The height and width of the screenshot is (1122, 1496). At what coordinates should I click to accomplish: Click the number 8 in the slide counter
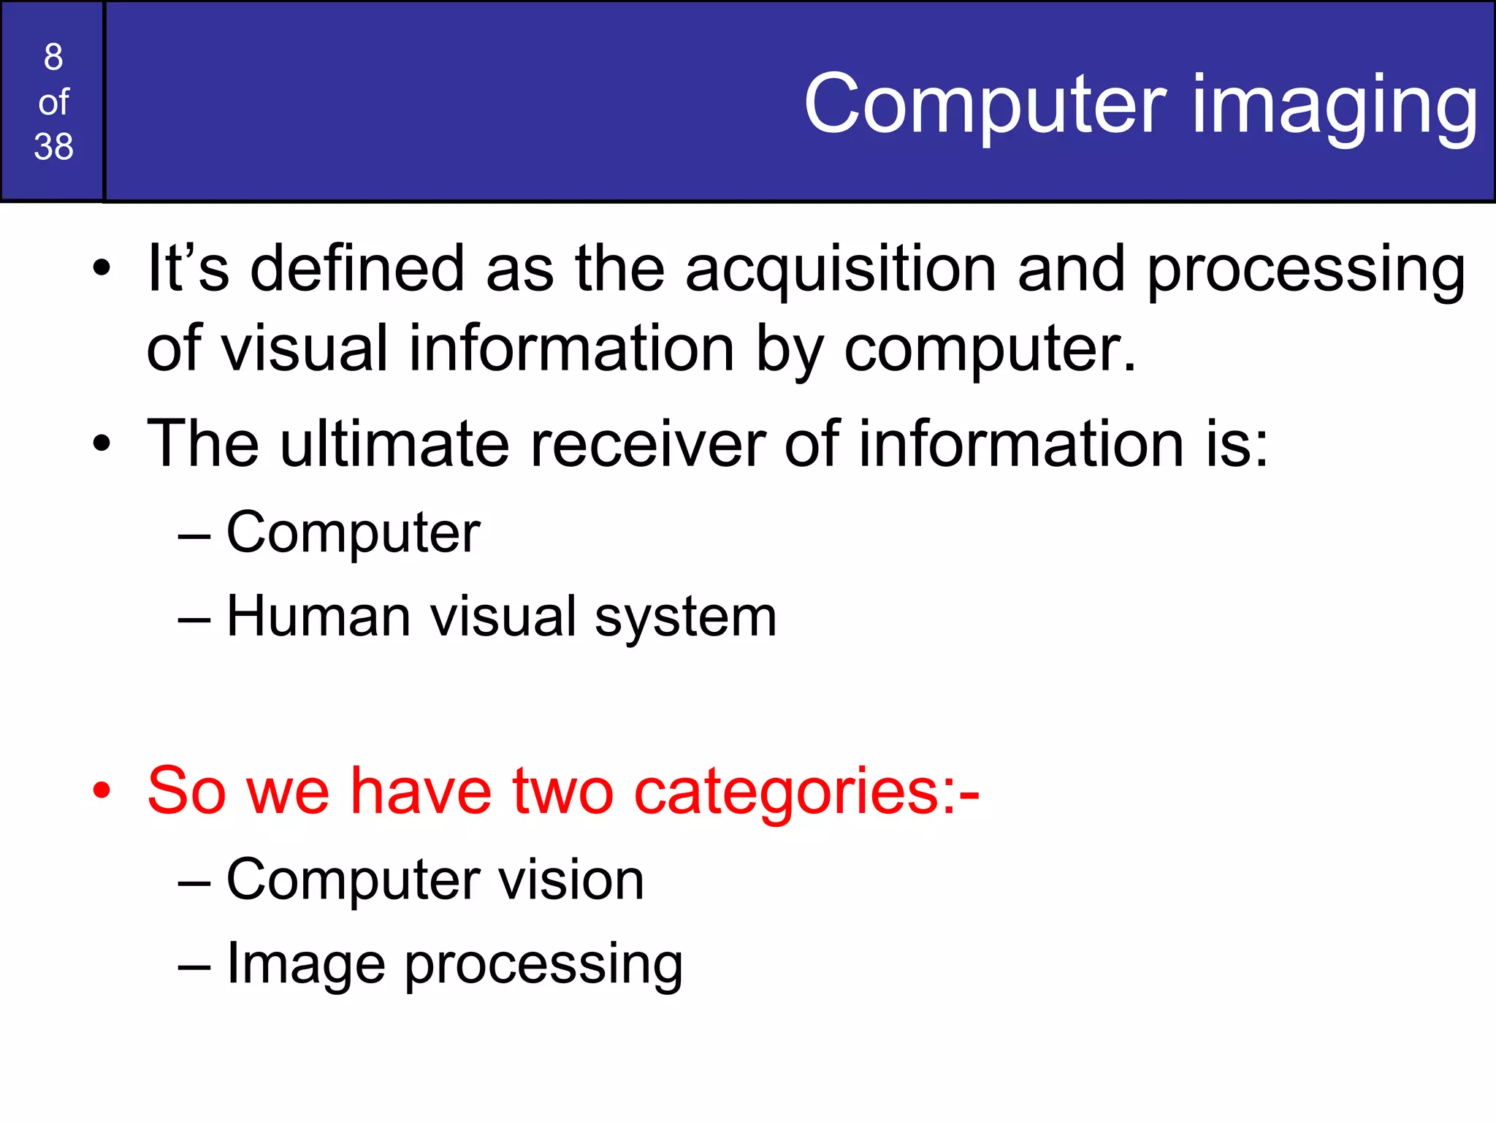tap(53, 57)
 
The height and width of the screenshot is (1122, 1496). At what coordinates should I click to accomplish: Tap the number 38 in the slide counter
tap(53, 146)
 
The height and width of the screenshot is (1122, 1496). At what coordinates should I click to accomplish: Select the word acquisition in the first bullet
tap(841, 269)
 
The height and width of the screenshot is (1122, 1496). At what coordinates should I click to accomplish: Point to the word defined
tap(357, 269)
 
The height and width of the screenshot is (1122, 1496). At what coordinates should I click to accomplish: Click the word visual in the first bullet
tap(304, 348)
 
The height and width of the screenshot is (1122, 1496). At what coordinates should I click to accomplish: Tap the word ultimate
tap(394, 443)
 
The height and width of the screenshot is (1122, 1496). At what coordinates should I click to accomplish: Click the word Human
tap(318, 617)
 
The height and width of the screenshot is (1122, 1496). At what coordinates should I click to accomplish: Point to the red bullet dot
tap(102, 790)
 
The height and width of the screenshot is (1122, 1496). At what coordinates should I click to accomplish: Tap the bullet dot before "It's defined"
tap(102, 268)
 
